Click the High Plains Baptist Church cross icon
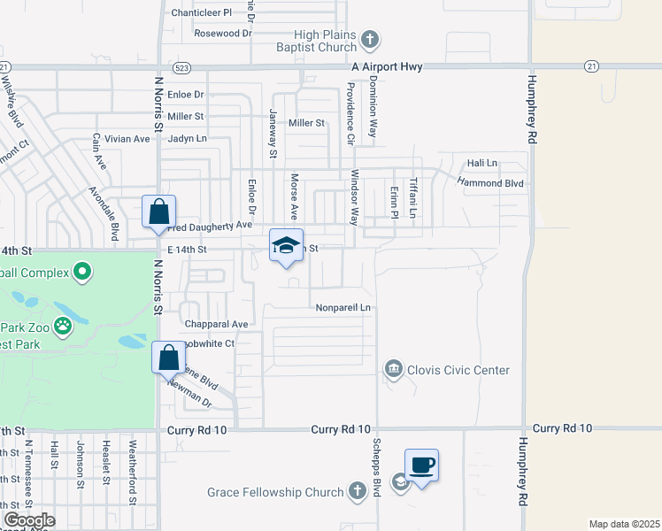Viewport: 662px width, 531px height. tap(370, 39)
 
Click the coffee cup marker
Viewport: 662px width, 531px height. tap(422, 464)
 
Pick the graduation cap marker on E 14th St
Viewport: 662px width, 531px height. tap(287, 244)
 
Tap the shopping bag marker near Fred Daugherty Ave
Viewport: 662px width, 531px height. tap(158, 212)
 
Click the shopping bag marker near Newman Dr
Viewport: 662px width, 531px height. tap(170, 358)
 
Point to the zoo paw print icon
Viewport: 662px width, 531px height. tap(63, 327)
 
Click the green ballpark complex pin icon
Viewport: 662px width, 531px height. tap(82, 270)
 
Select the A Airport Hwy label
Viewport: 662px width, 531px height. tap(387, 67)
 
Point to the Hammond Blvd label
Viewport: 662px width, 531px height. tap(490, 182)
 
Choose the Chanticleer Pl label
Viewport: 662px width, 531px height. tap(201, 13)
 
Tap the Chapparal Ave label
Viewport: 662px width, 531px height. tap(215, 324)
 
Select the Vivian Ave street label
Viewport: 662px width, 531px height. tap(127, 139)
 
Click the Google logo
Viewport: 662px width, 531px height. tap(29, 520)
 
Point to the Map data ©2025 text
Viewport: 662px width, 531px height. tap(623, 524)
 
